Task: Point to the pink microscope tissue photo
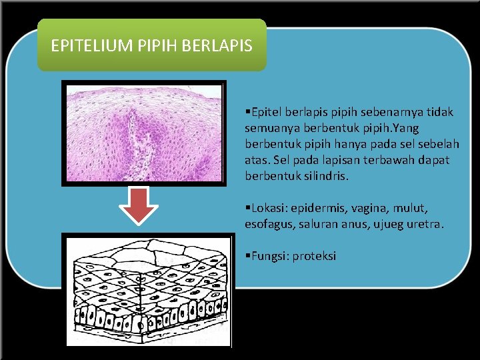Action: pyautogui.click(x=143, y=133)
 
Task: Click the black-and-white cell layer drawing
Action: pyautogui.click(x=147, y=290)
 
